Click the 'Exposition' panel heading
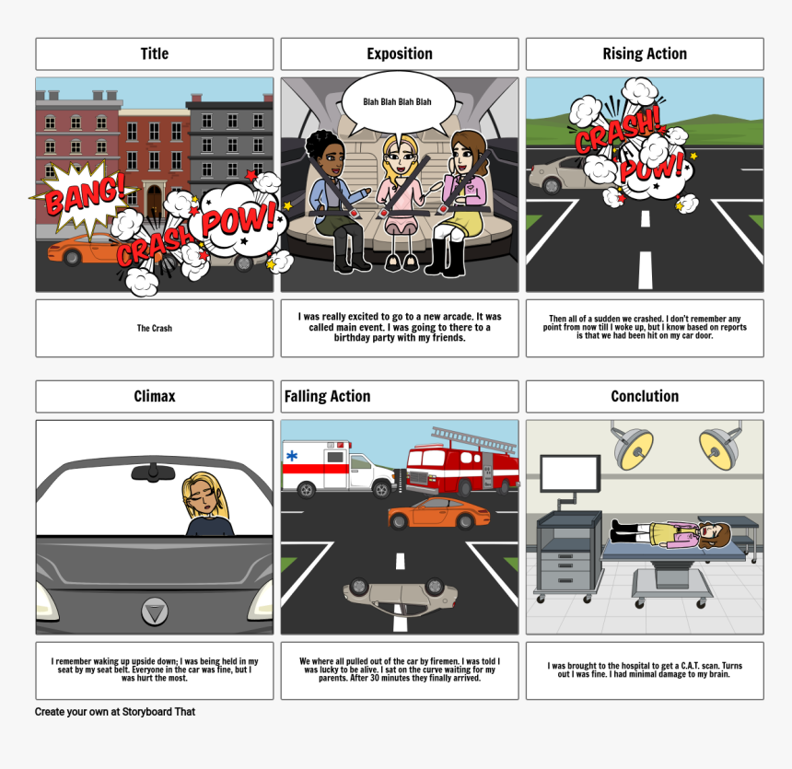tap(400, 53)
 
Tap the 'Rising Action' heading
tap(645, 53)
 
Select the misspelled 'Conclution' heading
tap(645, 396)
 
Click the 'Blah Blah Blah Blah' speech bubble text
tap(397, 101)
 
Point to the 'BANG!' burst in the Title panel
tap(85, 195)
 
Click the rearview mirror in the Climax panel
tap(153, 472)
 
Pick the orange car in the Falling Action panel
tap(438, 513)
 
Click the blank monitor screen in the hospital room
tap(570, 473)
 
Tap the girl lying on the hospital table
tap(670, 534)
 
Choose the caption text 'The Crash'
tap(155, 329)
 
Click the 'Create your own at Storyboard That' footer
tap(115, 711)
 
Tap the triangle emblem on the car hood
tap(155, 612)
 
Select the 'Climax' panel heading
tap(155, 396)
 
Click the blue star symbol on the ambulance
tap(292, 456)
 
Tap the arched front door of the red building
tap(154, 200)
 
